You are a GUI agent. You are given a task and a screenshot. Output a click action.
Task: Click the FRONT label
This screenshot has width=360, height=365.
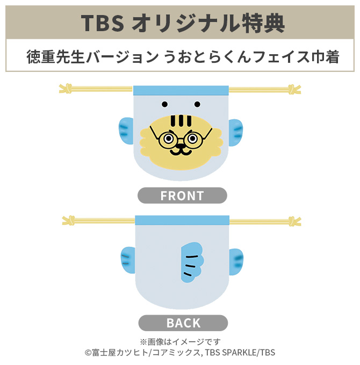point(182,196)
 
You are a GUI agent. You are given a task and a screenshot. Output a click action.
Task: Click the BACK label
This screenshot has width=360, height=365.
point(183,323)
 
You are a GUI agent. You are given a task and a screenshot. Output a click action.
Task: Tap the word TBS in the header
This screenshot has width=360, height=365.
point(103,23)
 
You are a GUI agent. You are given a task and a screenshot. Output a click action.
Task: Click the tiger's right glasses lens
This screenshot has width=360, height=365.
point(192,141)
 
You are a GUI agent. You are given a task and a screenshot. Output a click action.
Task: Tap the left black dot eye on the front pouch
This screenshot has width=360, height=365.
point(164,104)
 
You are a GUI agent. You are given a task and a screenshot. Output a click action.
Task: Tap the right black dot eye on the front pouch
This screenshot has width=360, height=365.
point(197,104)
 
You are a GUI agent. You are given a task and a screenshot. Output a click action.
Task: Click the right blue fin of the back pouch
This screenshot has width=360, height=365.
point(236,262)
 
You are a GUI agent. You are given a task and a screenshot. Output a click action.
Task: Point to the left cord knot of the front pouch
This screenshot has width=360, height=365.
point(67,88)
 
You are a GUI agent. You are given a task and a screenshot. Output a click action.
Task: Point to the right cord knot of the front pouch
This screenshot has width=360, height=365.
point(294,89)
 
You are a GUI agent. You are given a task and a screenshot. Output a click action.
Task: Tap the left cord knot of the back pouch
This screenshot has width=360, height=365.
point(69,220)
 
